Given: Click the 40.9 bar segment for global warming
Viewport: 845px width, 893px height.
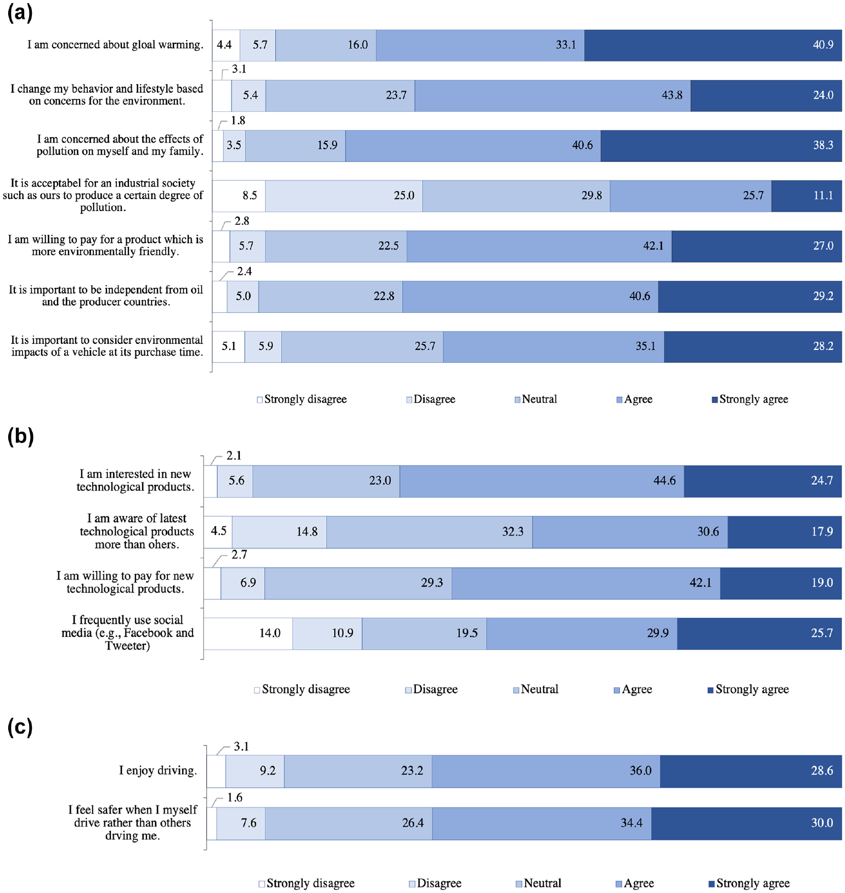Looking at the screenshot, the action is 713,45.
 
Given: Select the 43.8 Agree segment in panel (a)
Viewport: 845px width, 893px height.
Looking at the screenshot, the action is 553,95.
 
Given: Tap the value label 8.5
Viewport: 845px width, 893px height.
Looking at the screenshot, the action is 250,195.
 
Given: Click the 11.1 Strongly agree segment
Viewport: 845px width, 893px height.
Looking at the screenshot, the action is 807,196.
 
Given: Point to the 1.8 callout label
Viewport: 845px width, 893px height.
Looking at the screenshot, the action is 238,120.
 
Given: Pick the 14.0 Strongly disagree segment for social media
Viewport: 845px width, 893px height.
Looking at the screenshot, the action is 248,634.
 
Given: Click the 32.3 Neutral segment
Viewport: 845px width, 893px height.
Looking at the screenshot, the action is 429,532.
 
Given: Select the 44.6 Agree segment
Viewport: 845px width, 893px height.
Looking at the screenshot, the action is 542,481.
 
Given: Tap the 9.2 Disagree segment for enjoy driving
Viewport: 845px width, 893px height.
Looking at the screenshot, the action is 255,771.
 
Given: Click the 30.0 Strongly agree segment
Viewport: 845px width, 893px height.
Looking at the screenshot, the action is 746,823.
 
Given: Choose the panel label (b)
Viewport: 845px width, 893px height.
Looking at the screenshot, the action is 20,437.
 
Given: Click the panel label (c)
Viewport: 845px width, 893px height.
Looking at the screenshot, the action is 20,727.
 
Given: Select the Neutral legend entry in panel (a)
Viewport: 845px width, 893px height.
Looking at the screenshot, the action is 536,399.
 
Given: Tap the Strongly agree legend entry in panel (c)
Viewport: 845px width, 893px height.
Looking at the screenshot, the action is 749,883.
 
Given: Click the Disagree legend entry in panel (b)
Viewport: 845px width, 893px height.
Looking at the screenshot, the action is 431,689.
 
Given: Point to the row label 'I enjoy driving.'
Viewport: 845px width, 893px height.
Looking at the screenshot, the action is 158,771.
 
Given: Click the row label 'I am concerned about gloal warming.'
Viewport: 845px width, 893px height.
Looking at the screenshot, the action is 115,45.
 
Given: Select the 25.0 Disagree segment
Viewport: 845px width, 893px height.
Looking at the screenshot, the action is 344,196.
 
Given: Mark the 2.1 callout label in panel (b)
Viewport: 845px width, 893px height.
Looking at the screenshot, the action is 234,455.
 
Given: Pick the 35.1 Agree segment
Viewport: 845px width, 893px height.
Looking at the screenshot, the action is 554,347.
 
